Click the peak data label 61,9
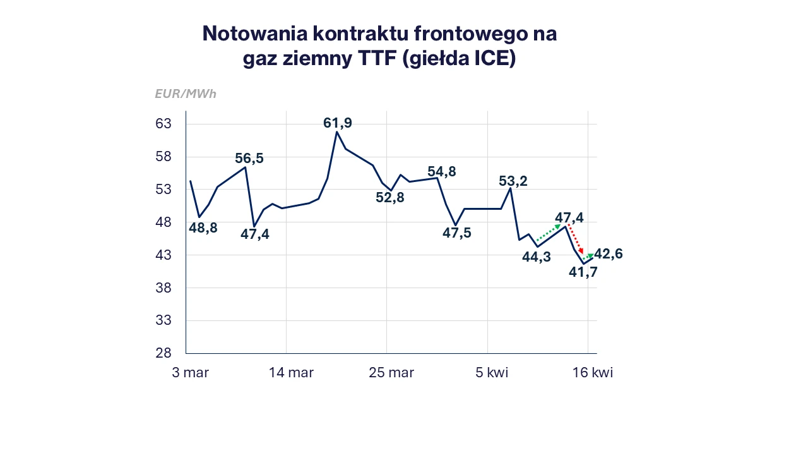click(338, 123)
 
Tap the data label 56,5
click(249, 159)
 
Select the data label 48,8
click(203, 228)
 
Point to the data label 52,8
click(390, 197)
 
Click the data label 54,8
click(442, 172)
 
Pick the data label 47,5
click(457, 233)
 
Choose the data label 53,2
click(513, 181)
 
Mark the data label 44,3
click(537, 257)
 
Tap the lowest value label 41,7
click(583, 272)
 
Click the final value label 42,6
click(609, 254)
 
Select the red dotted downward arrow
click(575, 239)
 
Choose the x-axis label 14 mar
click(291, 373)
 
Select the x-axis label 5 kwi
click(492, 373)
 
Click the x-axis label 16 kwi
click(591, 373)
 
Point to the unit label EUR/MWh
click(186, 94)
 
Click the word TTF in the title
click(383, 59)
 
